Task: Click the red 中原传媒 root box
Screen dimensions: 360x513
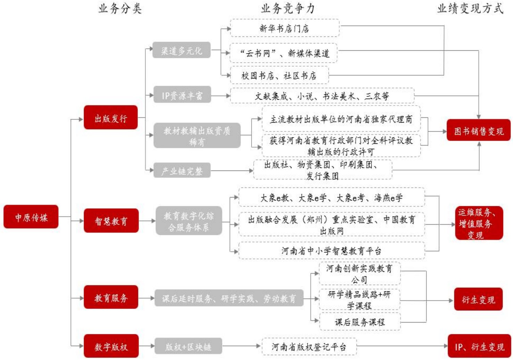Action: point(31,217)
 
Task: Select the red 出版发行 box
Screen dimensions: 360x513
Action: point(111,118)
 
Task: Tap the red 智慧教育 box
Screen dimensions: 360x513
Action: point(111,221)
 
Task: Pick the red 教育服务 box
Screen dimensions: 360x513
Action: point(111,297)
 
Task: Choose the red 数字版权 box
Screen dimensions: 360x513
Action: point(111,346)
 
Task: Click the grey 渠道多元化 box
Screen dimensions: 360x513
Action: point(181,50)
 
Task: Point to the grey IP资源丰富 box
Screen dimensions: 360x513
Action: point(182,95)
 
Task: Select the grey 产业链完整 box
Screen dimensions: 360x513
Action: point(182,170)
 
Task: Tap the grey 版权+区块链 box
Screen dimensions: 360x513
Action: point(188,346)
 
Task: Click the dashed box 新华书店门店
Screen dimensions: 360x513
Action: point(284,28)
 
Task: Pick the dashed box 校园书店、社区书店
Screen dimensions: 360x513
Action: point(279,75)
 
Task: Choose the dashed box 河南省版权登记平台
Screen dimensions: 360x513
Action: point(309,346)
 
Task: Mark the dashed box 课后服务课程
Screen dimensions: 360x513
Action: point(360,321)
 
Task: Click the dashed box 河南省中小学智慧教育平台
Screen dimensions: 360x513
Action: point(332,250)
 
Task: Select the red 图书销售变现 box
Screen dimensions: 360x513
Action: point(478,131)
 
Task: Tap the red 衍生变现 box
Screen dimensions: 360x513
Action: point(478,299)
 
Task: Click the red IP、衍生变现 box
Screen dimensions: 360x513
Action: point(479,346)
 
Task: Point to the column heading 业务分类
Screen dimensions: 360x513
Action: point(120,8)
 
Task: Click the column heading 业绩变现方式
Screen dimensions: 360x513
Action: point(470,8)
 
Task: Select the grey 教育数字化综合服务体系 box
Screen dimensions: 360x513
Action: point(189,221)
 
